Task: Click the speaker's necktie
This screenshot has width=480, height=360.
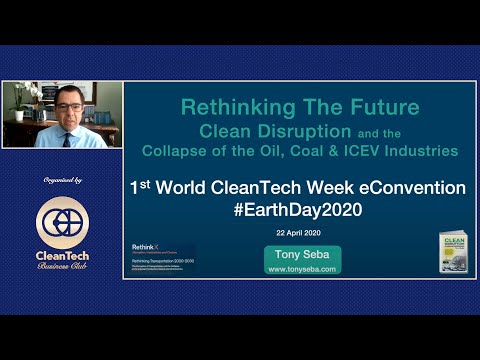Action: (67, 138)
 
